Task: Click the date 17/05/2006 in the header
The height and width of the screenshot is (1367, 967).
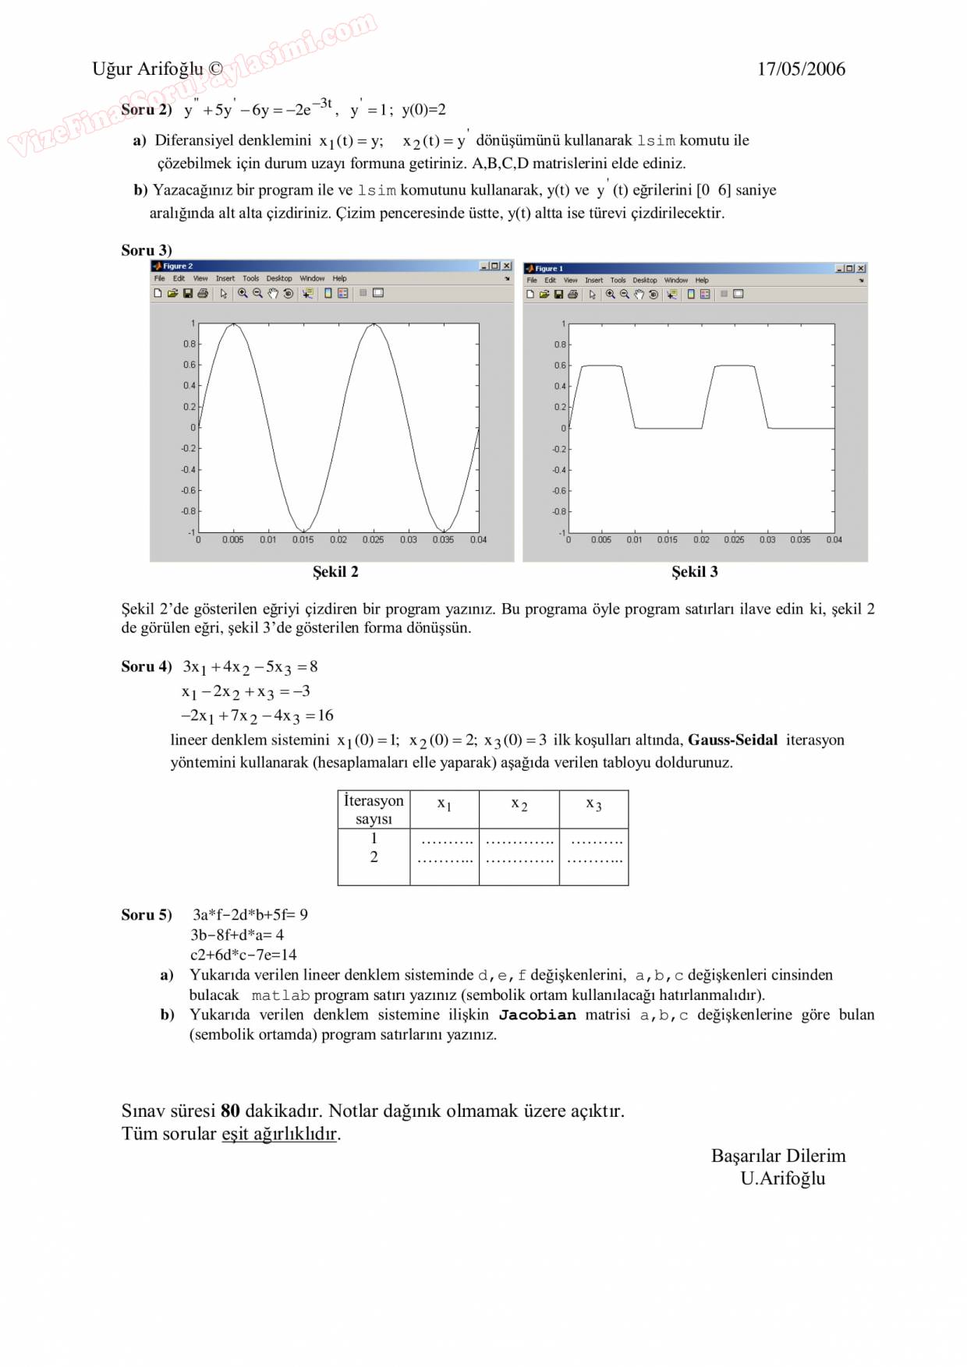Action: [x=801, y=69]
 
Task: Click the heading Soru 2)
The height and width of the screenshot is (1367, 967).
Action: [x=147, y=109]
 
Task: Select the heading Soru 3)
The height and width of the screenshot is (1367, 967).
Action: [x=147, y=250]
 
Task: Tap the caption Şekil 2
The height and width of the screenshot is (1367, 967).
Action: [x=335, y=571]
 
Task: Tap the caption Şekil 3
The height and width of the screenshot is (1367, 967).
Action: [x=695, y=571]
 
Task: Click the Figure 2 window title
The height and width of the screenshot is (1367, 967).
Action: [x=178, y=266]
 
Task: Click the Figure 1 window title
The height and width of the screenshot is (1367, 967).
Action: [x=548, y=268]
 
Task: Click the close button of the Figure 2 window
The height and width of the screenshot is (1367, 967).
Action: [x=507, y=266]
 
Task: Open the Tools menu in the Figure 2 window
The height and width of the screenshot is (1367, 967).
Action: [x=250, y=278]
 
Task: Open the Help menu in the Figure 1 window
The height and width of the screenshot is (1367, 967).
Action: [x=702, y=280]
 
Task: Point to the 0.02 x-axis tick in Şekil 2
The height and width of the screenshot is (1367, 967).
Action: [x=338, y=539]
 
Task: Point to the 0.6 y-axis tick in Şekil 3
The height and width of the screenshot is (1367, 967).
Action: [x=560, y=365]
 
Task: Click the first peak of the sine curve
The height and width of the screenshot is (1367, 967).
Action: [x=233, y=324]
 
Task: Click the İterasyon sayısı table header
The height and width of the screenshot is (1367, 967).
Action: [x=374, y=809]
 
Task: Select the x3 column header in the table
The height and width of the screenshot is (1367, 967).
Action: [x=593, y=804]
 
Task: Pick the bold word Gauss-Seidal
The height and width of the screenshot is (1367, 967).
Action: [x=732, y=740]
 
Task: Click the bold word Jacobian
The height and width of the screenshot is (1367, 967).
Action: [x=537, y=1015]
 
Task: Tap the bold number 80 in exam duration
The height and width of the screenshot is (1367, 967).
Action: [x=230, y=1111]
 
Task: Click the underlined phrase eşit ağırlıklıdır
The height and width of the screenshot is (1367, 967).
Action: [x=279, y=1133]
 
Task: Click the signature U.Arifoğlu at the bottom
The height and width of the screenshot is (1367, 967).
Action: [x=782, y=1178]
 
